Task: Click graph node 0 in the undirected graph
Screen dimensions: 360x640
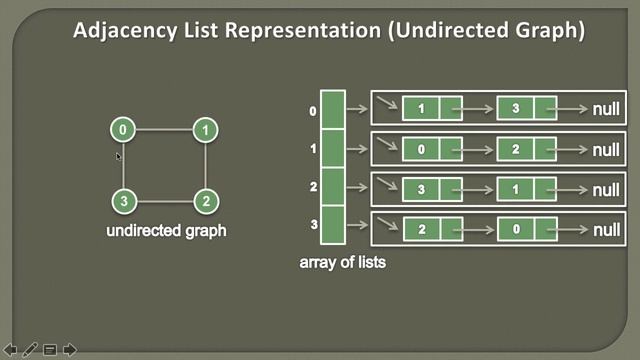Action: pyautogui.click(x=122, y=130)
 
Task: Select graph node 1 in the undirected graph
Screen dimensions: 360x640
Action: pyautogui.click(x=205, y=130)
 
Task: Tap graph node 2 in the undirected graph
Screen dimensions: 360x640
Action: pyautogui.click(x=205, y=201)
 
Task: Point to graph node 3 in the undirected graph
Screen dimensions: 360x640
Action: pyautogui.click(x=122, y=201)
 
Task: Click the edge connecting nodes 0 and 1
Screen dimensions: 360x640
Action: pyautogui.click(x=163, y=130)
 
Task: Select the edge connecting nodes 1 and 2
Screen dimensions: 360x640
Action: pyautogui.click(x=205, y=166)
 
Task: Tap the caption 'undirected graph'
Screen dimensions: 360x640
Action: pyautogui.click(x=166, y=231)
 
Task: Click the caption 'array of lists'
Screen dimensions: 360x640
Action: pyautogui.click(x=342, y=263)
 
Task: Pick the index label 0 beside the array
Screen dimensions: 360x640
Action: pyautogui.click(x=313, y=111)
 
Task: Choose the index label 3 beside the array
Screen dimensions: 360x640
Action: pyautogui.click(x=313, y=226)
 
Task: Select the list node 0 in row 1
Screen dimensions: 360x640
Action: pyautogui.click(x=421, y=150)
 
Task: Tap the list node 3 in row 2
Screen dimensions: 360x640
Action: pyautogui.click(x=421, y=189)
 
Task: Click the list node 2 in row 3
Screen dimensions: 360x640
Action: pyautogui.click(x=421, y=230)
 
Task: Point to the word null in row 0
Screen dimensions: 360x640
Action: pyautogui.click(x=606, y=109)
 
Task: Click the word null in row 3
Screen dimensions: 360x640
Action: pyautogui.click(x=606, y=230)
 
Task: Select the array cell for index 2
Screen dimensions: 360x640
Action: pyautogui.click(x=333, y=187)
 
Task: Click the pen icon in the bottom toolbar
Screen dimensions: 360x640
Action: pyautogui.click(x=30, y=349)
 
